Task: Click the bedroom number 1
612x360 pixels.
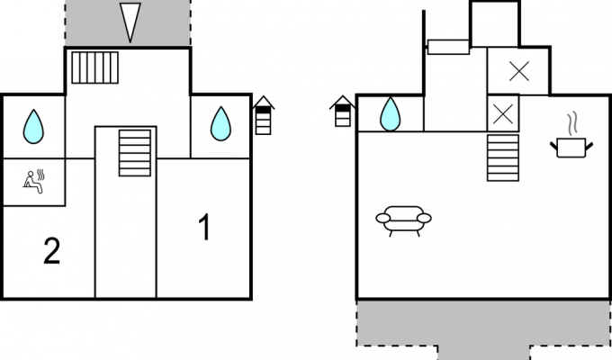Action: (x=205, y=227)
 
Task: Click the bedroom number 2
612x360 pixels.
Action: (x=52, y=251)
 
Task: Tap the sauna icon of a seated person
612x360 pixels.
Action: (x=34, y=182)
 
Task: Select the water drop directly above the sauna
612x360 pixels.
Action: (x=33, y=127)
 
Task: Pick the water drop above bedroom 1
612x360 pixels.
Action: (x=220, y=123)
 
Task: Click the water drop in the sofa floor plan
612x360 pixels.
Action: (x=390, y=114)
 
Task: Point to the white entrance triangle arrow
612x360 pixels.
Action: (x=130, y=22)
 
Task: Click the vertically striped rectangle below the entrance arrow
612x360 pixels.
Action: (x=94, y=67)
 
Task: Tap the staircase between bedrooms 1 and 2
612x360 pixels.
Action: (x=135, y=153)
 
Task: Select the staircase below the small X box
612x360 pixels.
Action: (x=503, y=157)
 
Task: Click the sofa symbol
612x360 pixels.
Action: (x=403, y=220)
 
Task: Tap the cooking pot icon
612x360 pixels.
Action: (x=571, y=148)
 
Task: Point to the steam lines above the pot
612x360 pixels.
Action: (x=572, y=124)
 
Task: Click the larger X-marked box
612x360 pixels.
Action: (x=518, y=71)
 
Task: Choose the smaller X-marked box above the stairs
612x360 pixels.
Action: (x=503, y=113)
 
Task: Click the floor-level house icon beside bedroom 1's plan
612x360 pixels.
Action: (x=264, y=115)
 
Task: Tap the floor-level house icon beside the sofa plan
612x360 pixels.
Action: (x=343, y=112)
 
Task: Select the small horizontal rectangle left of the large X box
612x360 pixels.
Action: (x=448, y=47)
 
